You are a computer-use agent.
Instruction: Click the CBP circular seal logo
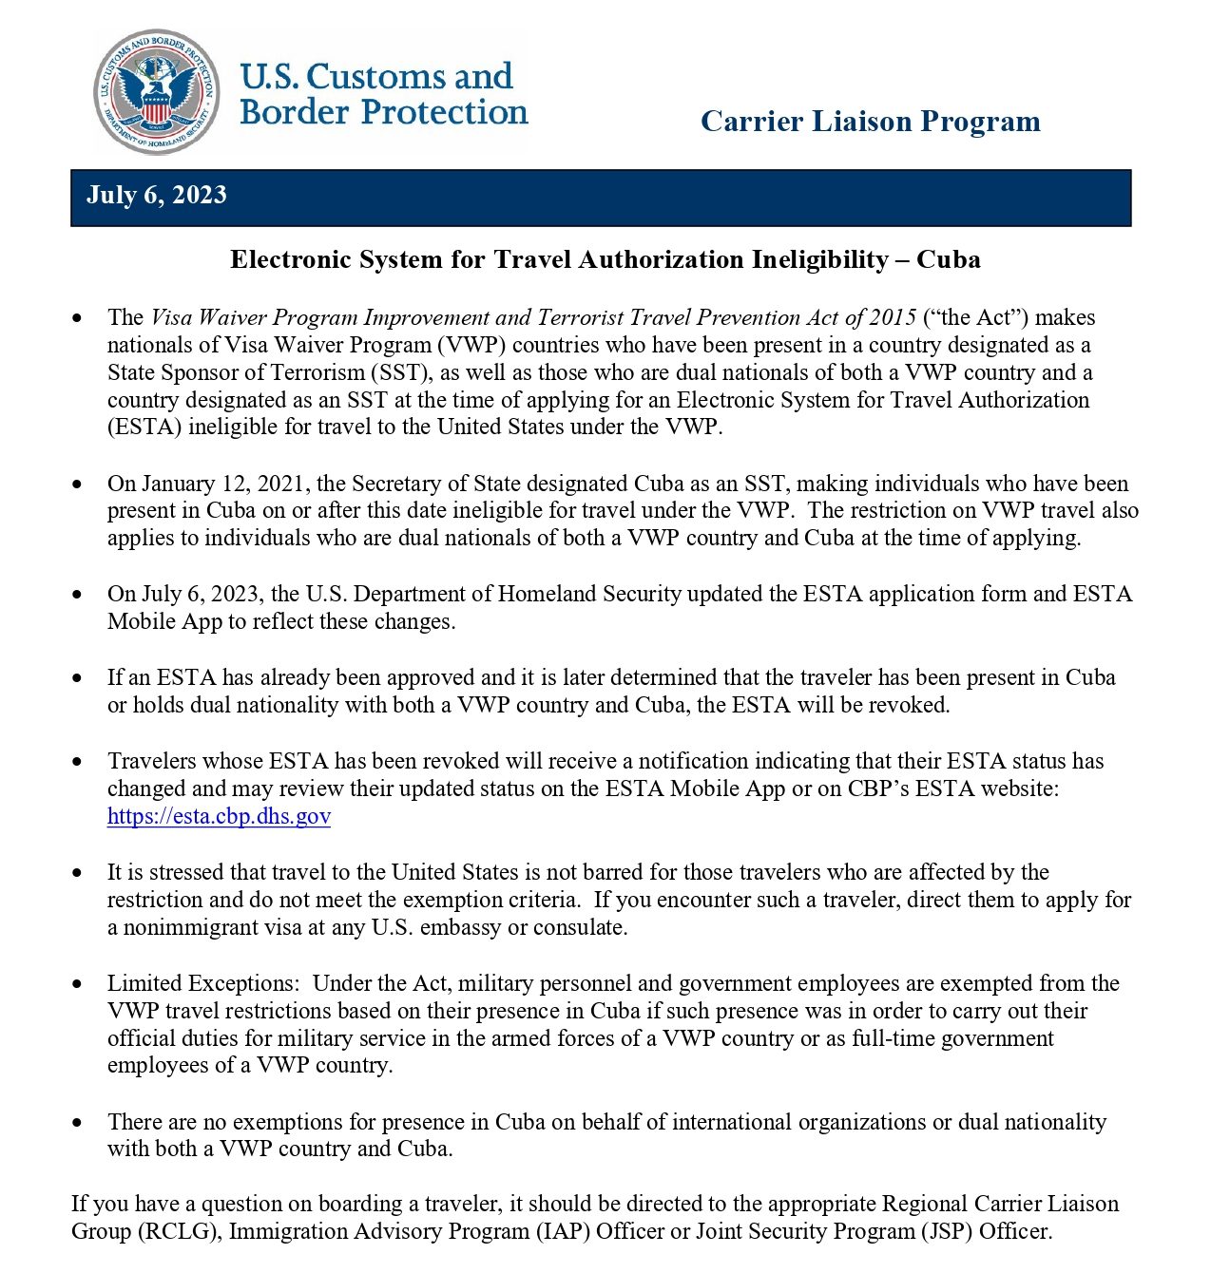pyautogui.click(x=157, y=92)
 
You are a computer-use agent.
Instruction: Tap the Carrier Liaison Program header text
pyautogui.click(x=870, y=122)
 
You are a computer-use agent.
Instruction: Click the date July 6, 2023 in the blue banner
pyautogui.click(x=157, y=195)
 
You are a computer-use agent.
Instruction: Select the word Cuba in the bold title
pyautogui.click(x=948, y=259)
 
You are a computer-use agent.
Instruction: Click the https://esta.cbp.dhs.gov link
pyautogui.click(x=219, y=816)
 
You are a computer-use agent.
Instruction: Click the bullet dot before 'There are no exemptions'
pyautogui.click(x=77, y=1123)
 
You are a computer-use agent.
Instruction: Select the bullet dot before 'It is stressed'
pyautogui.click(x=77, y=873)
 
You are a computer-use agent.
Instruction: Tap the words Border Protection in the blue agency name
pyautogui.click(x=383, y=112)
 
